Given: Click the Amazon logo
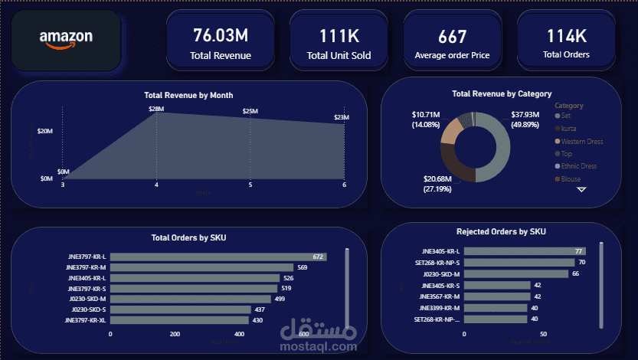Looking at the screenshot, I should (x=66, y=39).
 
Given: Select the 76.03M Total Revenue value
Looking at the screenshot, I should (x=221, y=34).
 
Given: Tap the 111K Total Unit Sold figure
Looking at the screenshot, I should (x=339, y=35).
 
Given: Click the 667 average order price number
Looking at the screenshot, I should (x=452, y=36).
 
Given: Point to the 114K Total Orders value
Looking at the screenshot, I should (x=566, y=35).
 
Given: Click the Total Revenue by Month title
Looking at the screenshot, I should (x=188, y=95).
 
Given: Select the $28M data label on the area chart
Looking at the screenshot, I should (x=156, y=110).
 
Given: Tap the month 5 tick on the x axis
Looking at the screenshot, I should (x=250, y=185).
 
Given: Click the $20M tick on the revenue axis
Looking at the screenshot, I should (x=44, y=131).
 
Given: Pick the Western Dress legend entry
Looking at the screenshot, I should (x=581, y=141).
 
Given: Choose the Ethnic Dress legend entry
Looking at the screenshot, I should (x=578, y=165).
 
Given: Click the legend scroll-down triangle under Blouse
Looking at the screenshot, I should (x=581, y=189).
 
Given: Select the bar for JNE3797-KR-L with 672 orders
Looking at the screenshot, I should (x=219, y=257).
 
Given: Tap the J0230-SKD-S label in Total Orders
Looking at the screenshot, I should (x=88, y=309).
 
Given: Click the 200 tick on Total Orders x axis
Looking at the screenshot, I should (x=175, y=334).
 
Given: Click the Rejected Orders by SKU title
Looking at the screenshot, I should (x=501, y=231).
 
